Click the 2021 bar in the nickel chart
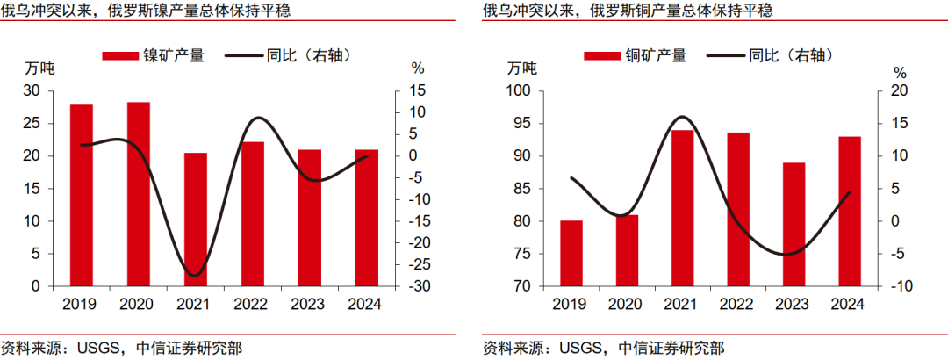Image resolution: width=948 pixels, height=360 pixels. (x=196, y=220)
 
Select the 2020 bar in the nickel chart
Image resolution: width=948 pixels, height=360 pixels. (x=139, y=194)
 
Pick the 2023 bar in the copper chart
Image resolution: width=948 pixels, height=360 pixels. (x=794, y=224)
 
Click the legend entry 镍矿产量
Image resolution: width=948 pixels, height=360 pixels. (x=154, y=55)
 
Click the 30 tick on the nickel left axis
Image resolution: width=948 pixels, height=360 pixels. (x=32, y=91)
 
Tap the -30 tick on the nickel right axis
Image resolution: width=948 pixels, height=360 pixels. (x=418, y=286)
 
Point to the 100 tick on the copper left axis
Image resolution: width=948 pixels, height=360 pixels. (x=515, y=91)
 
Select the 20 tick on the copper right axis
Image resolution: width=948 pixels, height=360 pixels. (x=900, y=91)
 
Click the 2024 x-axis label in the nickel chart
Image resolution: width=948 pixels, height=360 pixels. (x=365, y=304)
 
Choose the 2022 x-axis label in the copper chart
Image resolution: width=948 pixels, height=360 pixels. (x=738, y=304)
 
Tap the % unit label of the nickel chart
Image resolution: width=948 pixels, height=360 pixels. (x=418, y=69)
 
